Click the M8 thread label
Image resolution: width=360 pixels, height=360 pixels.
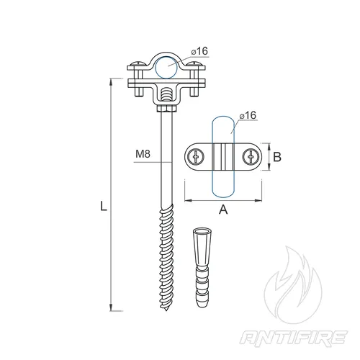[143, 154]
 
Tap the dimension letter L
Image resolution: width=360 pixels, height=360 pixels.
[104, 206]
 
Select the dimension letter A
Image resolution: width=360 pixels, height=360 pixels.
[223, 210]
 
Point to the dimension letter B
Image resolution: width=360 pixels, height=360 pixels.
[277, 157]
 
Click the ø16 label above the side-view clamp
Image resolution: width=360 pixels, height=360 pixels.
[199, 51]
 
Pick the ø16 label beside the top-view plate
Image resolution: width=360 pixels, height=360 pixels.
[248, 115]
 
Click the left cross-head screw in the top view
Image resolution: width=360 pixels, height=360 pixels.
[196, 157]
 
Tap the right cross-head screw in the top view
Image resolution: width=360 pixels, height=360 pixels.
[251, 157]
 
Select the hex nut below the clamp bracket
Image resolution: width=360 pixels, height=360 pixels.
[167, 109]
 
